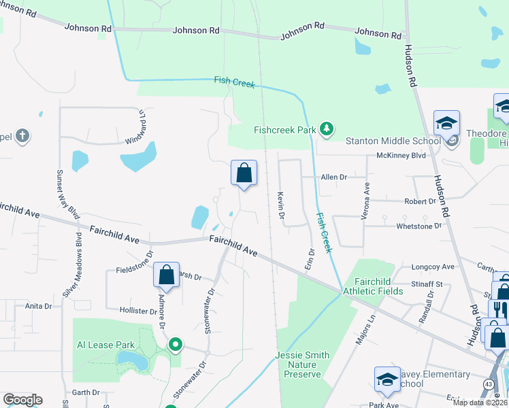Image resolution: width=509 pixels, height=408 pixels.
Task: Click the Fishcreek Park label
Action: click(284, 129)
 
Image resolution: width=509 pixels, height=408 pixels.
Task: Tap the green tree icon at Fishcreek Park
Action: click(327, 129)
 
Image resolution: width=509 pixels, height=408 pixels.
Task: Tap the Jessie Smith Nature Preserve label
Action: click(302, 364)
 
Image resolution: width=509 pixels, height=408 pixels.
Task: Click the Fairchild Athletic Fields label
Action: click(373, 286)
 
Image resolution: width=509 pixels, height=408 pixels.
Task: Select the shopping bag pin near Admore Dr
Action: click(166, 276)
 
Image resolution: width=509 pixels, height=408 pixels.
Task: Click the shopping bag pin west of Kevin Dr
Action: click(244, 174)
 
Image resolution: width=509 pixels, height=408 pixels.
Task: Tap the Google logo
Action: click(22, 400)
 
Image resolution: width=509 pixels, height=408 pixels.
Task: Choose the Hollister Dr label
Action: click(137, 311)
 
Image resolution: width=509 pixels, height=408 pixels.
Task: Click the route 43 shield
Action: click(489, 385)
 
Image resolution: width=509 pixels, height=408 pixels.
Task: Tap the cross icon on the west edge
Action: click(22, 136)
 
